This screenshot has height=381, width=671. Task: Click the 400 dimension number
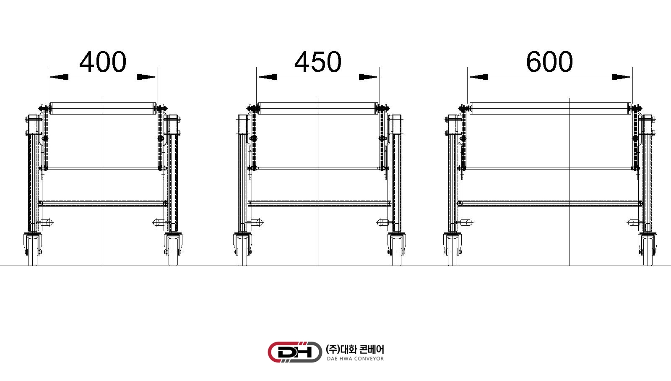(x=103, y=62)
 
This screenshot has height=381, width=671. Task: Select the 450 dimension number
(x=318, y=62)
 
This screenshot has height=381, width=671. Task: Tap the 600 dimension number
(x=549, y=62)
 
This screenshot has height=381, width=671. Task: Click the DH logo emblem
(x=295, y=352)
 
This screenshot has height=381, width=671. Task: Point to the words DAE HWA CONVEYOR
(x=355, y=359)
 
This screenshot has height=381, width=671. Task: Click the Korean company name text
(x=355, y=349)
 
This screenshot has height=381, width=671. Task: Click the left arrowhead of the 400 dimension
(x=58, y=77)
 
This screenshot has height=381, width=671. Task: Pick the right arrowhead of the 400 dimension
(x=147, y=77)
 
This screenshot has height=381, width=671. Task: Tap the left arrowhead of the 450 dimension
(x=267, y=77)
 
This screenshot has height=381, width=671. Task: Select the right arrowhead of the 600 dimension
(x=622, y=77)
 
